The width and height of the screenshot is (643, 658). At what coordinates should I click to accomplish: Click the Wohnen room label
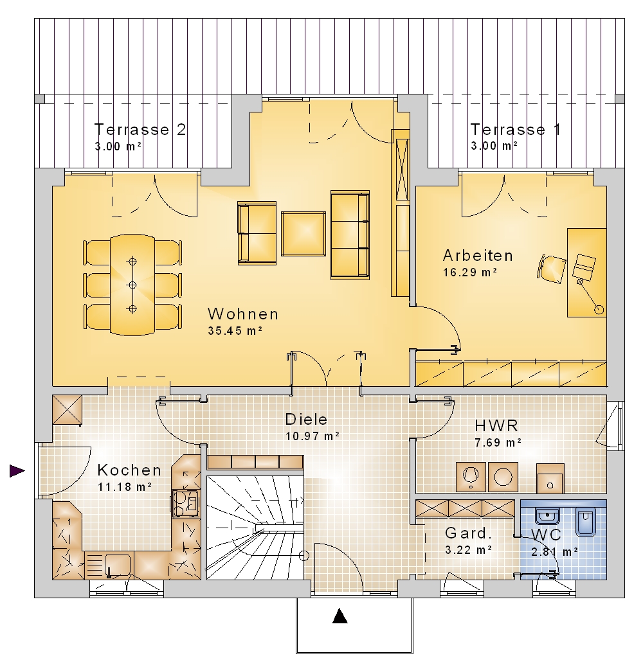click(x=243, y=314)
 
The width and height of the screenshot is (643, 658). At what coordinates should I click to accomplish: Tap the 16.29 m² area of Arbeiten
click(x=470, y=272)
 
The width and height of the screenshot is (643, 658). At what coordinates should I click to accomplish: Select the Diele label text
click(x=306, y=419)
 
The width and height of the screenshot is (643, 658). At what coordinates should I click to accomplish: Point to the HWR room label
click(x=496, y=425)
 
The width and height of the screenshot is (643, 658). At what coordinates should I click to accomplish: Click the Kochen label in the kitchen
click(x=129, y=470)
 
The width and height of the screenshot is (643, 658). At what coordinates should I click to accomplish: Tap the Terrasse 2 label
click(x=140, y=129)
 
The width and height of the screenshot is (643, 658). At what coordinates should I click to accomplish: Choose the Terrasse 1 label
click(x=515, y=129)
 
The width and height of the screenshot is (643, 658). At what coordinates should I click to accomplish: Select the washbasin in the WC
click(x=547, y=516)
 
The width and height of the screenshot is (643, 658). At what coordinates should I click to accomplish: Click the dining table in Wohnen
click(x=132, y=285)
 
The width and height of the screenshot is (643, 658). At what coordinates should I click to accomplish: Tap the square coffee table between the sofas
click(x=303, y=234)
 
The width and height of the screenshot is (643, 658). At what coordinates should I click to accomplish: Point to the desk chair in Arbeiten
click(x=551, y=269)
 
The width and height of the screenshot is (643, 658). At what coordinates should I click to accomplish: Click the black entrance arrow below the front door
click(x=340, y=616)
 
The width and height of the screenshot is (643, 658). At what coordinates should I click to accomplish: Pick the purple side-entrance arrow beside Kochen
click(x=17, y=471)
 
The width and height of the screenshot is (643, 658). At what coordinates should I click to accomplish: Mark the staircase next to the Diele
click(x=255, y=528)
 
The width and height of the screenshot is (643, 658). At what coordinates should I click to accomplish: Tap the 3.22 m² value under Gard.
click(x=469, y=550)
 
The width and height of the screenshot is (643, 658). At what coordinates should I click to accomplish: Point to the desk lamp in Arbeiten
click(x=590, y=296)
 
